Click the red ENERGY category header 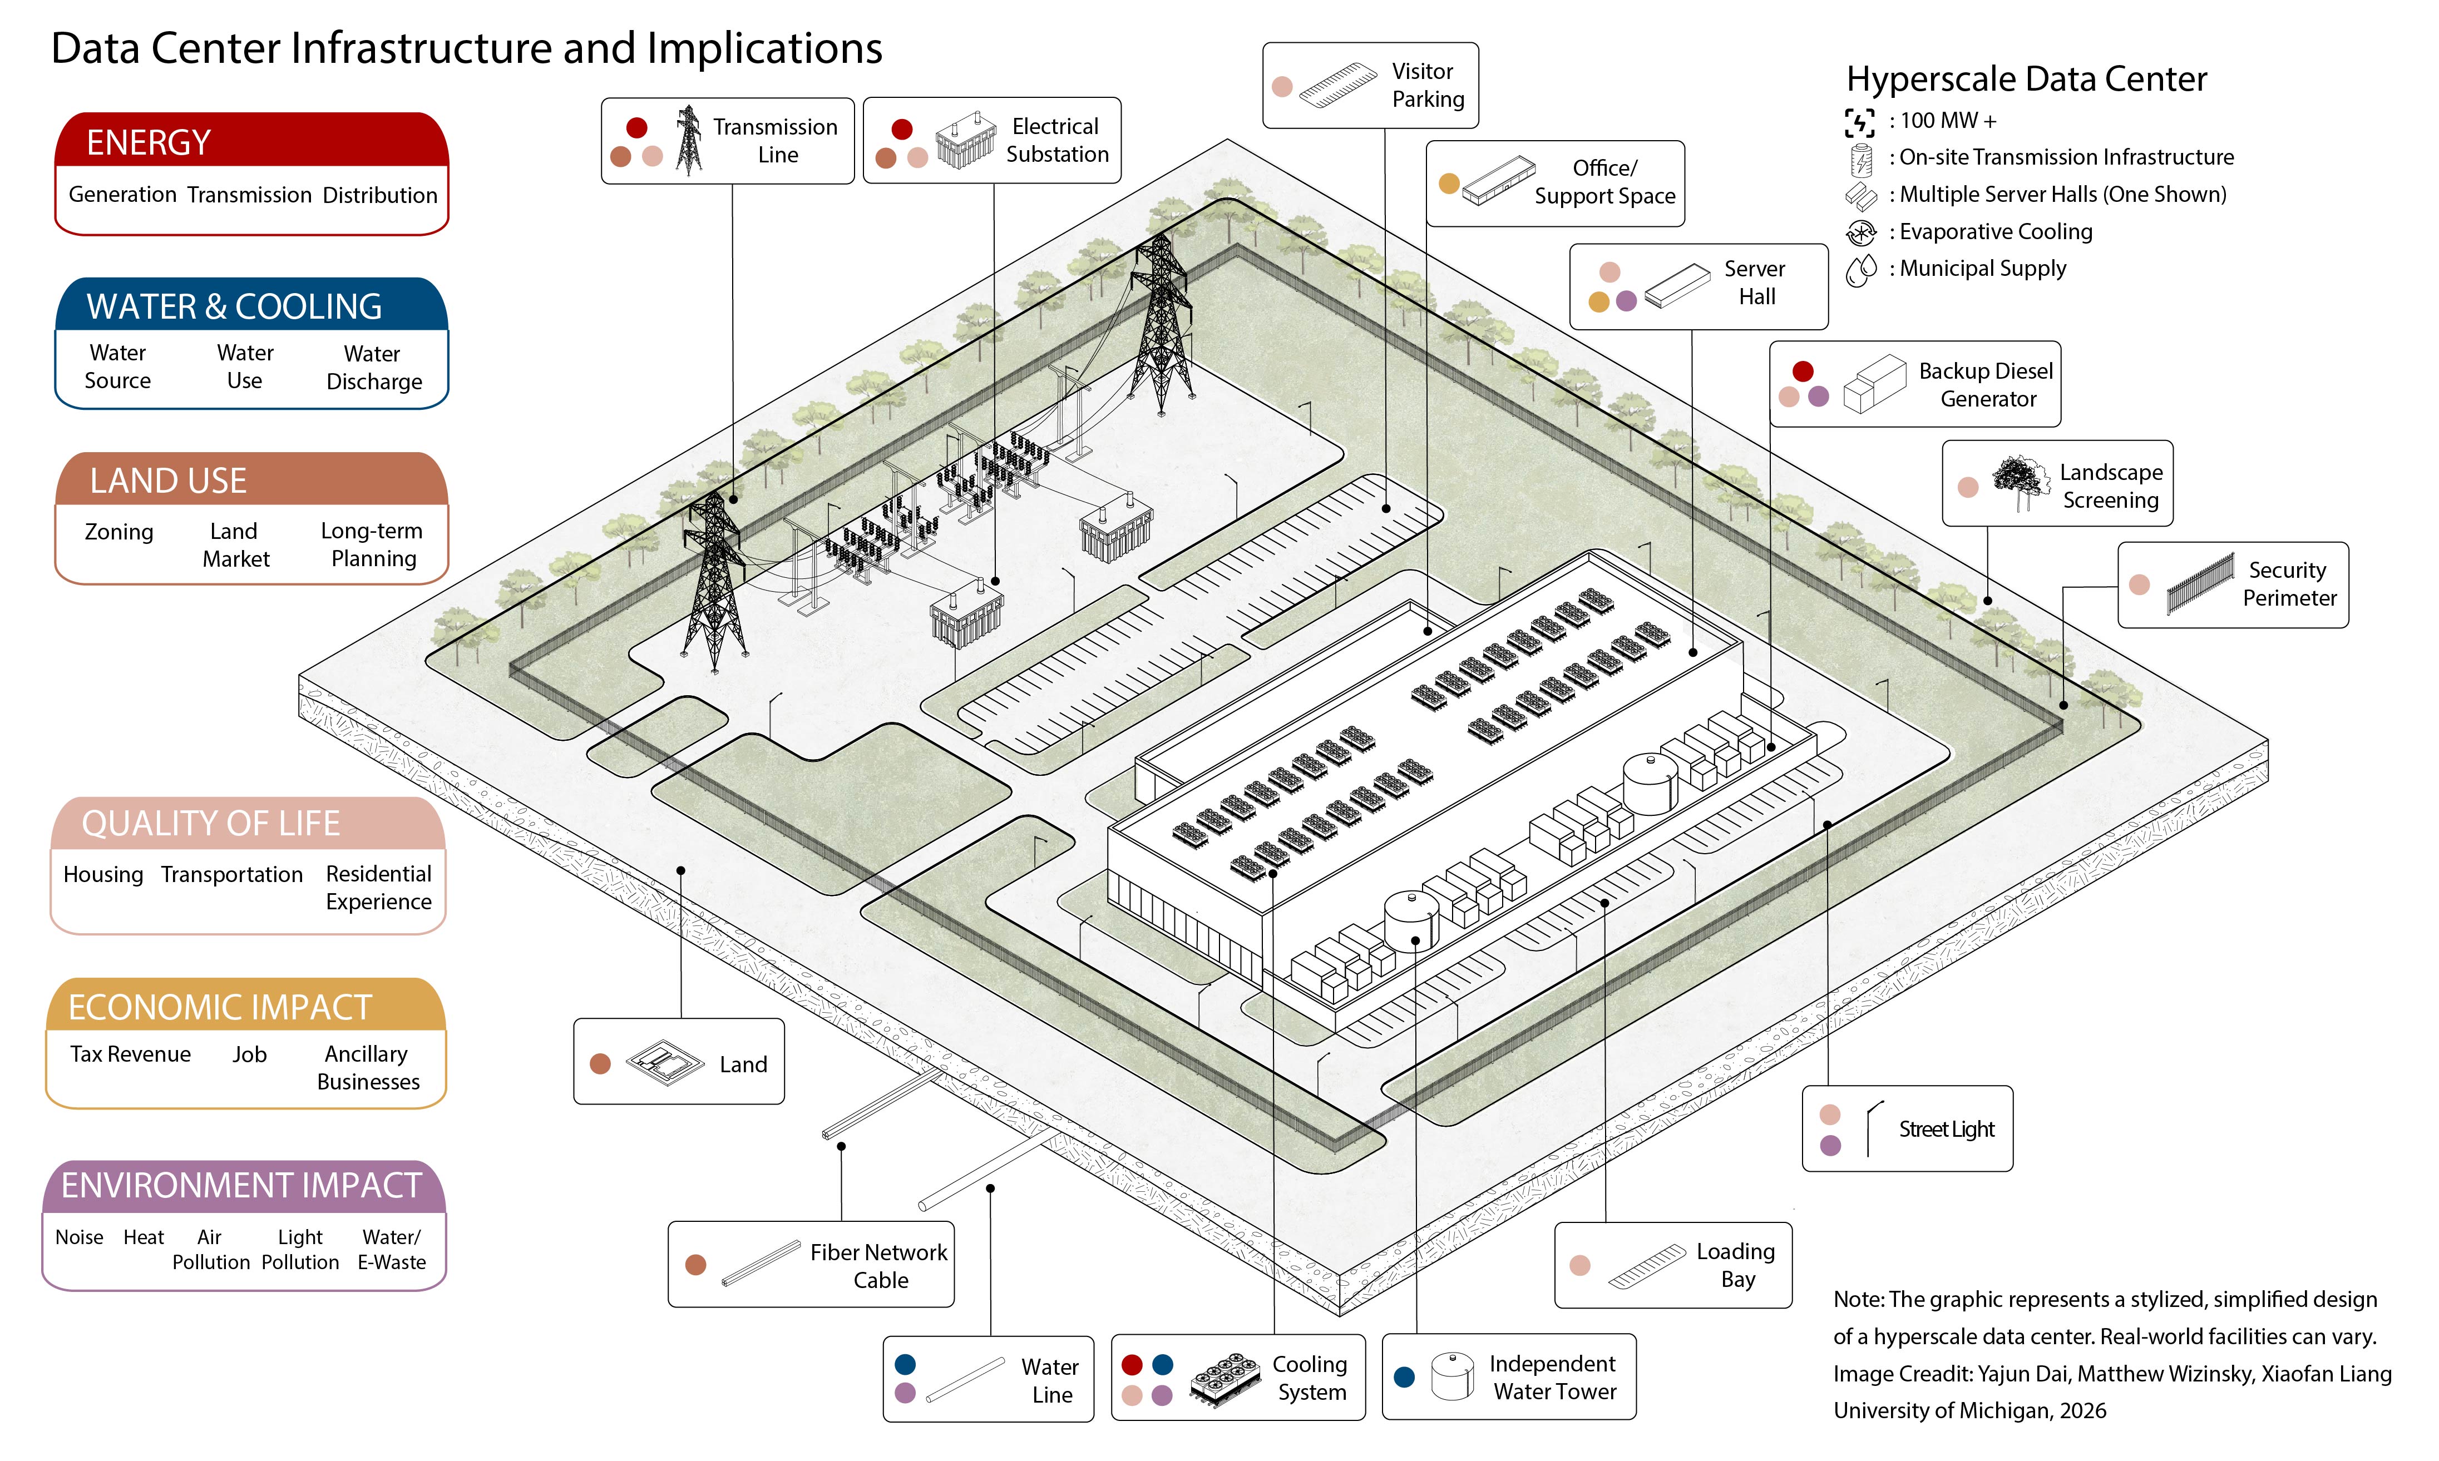(x=251, y=141)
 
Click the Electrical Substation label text (x=1056, y=140)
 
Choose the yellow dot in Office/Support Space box (x=1448, y=183)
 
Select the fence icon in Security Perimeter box (x=2200, y=584)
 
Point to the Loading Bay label (x=1735, y=1265)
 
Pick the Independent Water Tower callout (x=1508, y=1376)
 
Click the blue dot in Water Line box (x=905, y=1364)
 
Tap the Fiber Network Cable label (x=878, y=1266)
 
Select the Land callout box (x=678, y=1061)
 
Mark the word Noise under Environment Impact (x=79, y=1237)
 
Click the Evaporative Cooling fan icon (x=1860, y=232)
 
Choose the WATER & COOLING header (x=251, y=306)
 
